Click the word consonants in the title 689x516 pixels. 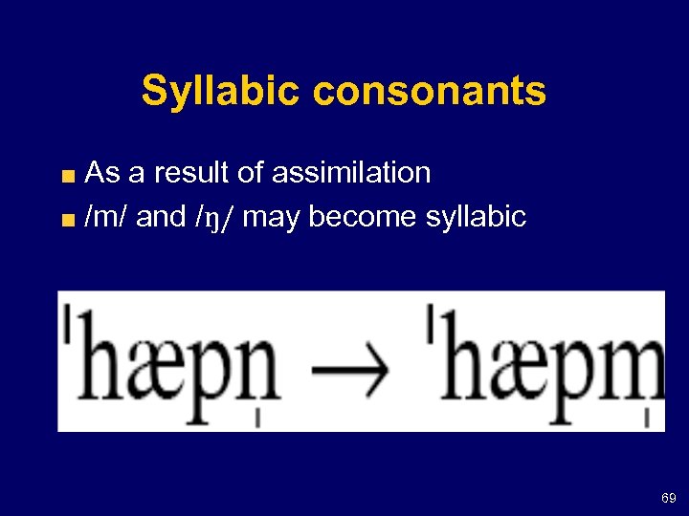(429, 92)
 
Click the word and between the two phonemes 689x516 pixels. (162, 217)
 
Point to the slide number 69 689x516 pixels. (668, 499)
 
